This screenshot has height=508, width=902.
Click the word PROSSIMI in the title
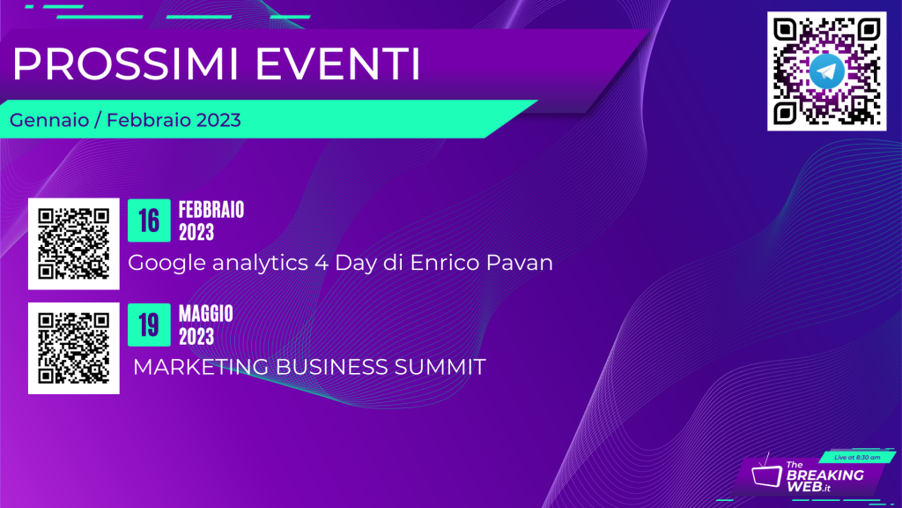[125, 63]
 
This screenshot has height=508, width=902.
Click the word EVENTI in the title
[337, 63]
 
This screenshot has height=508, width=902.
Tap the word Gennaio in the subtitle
[49, 120]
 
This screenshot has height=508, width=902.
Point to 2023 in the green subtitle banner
[218, 120]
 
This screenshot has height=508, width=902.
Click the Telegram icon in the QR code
[826, 71]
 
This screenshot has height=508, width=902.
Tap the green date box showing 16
[149, 220]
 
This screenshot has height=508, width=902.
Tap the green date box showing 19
[149, 325]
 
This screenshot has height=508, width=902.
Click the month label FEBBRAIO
[211, 210]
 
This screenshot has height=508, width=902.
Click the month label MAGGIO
[206, 314]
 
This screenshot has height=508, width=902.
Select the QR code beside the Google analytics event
[74, 243]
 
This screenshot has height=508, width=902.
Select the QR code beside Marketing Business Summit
[74, 348]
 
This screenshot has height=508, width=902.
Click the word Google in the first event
[166, 263]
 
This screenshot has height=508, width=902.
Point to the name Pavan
[520, 263]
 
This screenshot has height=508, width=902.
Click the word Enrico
[445, 263]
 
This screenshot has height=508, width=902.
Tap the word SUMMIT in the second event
[440, 367]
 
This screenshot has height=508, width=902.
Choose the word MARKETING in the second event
[201, 367]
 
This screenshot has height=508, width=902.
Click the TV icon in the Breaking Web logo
[766, 474]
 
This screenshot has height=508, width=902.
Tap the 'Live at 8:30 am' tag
[857, 458]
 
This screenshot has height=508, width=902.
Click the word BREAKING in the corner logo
[824, 475]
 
